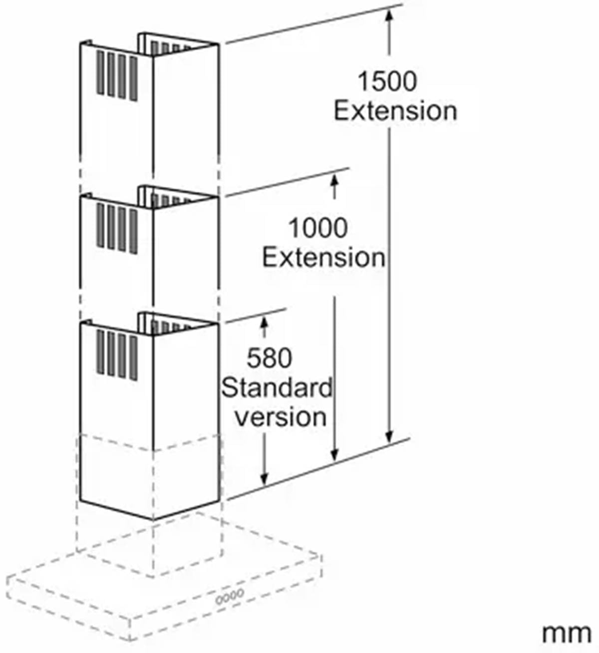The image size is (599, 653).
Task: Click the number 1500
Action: pyautogui.click(x=387, y=82)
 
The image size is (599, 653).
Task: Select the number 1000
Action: pyautogui.click(x=318, y=228)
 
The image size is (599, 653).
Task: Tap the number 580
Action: pyautogui.click(x=270, y=358)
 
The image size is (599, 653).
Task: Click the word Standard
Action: pyautogui.click(x=277, y=388)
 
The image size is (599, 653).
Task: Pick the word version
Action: pyautogui.click(x=281, y=417)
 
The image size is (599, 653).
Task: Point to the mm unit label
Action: pyautogui.click(x=567, y=634)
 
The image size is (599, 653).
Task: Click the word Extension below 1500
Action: pyautogui.click(x=396, y=111)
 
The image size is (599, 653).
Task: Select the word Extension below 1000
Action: pyautogui.click(x=324, y=258)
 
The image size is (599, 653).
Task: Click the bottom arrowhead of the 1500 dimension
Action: pyautogui.click(x=389, y=437)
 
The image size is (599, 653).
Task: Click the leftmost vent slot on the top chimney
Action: pyautogui.click(x=100, y=72)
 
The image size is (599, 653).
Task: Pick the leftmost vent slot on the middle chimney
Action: pyautogui.click(x=100, y=225)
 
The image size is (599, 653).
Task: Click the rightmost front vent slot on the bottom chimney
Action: pyautogui.click(x=133, y=358)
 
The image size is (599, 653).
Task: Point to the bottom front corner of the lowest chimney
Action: pyautogui.click(x=153, y=521)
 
